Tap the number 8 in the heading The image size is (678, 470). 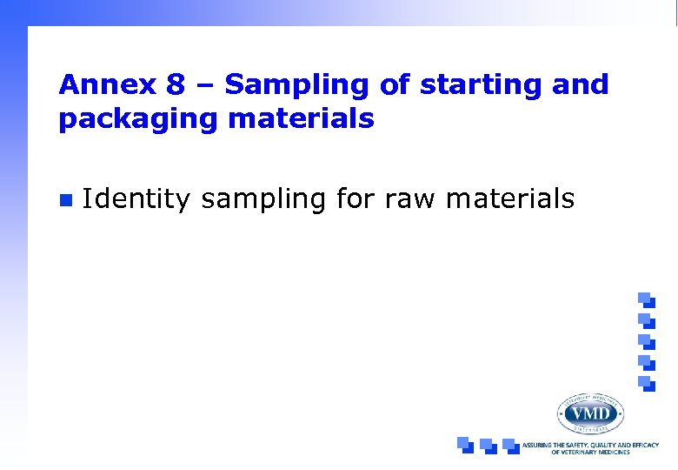point(173,85)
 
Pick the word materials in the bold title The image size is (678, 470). point(302,118)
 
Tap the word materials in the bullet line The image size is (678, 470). point(509,199)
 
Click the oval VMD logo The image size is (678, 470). point(590,413)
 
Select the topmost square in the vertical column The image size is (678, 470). point(645,298)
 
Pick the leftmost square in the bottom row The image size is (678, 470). point(465,444)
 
